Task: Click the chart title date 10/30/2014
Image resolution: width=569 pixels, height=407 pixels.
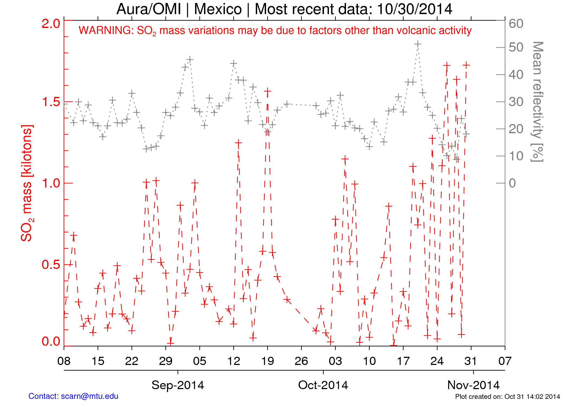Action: (414, 9)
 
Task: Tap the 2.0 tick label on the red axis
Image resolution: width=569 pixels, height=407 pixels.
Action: (51, 24)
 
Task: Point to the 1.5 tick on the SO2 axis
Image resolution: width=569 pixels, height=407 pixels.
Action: (51, 102)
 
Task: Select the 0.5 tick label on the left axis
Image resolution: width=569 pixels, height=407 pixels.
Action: (51, 265)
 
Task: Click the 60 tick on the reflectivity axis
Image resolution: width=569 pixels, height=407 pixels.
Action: (516, 24)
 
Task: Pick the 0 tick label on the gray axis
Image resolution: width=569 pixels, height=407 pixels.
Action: (512, 183)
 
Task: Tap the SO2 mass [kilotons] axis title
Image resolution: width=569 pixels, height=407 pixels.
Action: (27, 183)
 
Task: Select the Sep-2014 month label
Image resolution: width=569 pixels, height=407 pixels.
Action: (178, 385)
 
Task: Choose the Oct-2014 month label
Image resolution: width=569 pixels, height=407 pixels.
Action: (323, 385)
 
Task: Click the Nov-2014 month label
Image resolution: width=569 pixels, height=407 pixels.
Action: (473, 385)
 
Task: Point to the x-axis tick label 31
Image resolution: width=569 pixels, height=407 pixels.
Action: (471, 361)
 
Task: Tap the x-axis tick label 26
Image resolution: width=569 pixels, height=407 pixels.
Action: (301, 361)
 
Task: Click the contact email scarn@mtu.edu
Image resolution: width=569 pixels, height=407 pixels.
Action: (89, 396)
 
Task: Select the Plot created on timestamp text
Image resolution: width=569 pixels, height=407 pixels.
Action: (507, 397)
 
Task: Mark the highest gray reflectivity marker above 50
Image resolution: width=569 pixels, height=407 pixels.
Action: (418, 44)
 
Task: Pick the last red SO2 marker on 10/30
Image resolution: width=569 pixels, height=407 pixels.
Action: (466, 65)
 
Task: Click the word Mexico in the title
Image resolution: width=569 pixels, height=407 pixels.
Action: (218, 9)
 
